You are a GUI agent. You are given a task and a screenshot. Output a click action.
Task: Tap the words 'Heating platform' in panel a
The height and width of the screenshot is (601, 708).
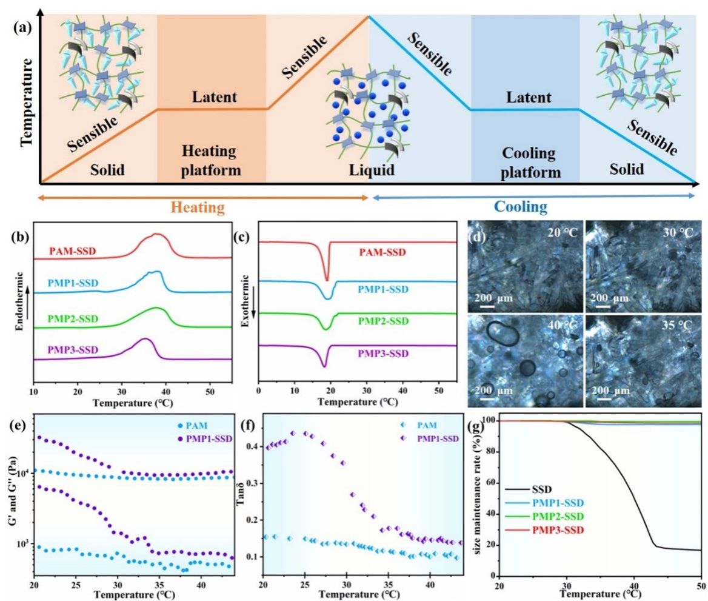click(x=211, y=160)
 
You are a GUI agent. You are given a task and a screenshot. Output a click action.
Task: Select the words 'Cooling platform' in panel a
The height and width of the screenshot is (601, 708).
click(x=525, y=163)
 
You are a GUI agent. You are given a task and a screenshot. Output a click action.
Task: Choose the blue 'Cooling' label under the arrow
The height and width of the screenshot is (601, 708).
click(x=521, y=207)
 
